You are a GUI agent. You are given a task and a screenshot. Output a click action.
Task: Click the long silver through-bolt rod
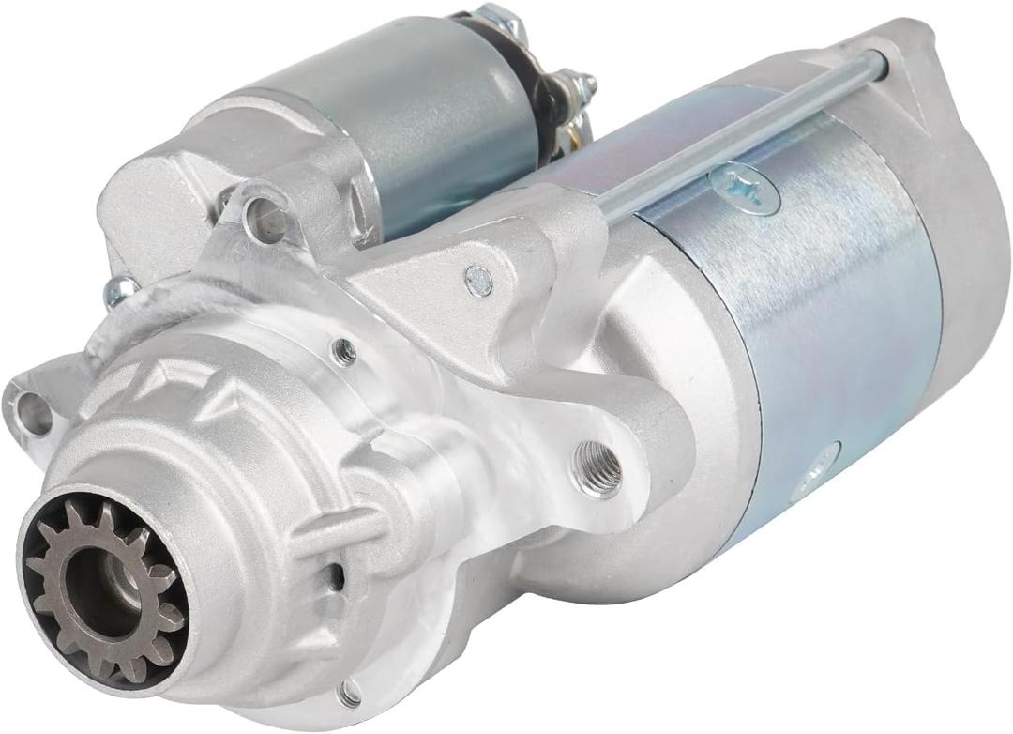coord(741,131)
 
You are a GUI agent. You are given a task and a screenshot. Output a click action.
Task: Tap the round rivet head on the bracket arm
coord(478,279)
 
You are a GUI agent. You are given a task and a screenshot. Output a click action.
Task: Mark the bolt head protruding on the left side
coord(120,293)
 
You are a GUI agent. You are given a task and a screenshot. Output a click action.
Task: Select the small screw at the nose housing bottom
coord(350,693)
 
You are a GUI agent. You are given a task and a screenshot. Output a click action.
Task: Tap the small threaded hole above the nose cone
coord(344,352)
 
